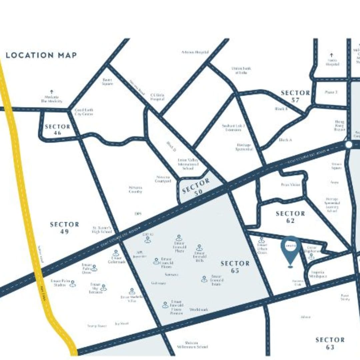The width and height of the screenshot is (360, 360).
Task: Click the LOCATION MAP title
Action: coord(41,55)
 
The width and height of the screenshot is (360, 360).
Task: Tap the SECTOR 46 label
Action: coord(57,130)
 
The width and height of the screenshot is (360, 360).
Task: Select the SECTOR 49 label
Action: coord(64,228)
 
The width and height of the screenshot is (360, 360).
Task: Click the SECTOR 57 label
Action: coord(295,96)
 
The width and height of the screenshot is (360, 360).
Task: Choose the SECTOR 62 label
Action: coord(290,217)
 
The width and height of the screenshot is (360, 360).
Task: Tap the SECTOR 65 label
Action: coord(235,267)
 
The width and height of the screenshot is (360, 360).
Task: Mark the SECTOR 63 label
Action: coord(330,343)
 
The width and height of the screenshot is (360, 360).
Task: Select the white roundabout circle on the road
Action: coord(349,145)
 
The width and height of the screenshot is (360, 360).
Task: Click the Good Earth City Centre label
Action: coord(84,112)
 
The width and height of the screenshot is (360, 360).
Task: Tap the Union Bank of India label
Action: coord(241,70)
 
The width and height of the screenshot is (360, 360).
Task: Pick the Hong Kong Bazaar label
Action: coord(339,125)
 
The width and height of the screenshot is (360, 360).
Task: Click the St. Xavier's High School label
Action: coord(102,230)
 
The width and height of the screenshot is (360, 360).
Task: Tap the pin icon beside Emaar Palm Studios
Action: coord(73,283)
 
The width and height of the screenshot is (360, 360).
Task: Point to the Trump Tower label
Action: coord(97,326)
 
